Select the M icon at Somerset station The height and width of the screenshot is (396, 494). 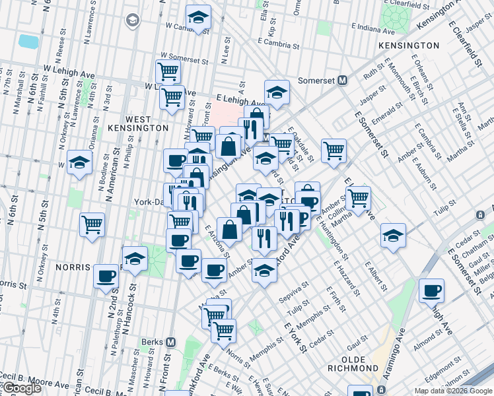click(343, 81)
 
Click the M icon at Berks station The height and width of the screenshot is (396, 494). click(170, 342)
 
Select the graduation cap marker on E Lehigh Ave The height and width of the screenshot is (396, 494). click(277, 92)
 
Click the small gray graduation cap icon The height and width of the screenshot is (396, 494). click(132, 20)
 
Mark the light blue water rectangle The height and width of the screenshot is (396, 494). click(28, 42)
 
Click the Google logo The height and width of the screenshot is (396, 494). click(21, 388)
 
